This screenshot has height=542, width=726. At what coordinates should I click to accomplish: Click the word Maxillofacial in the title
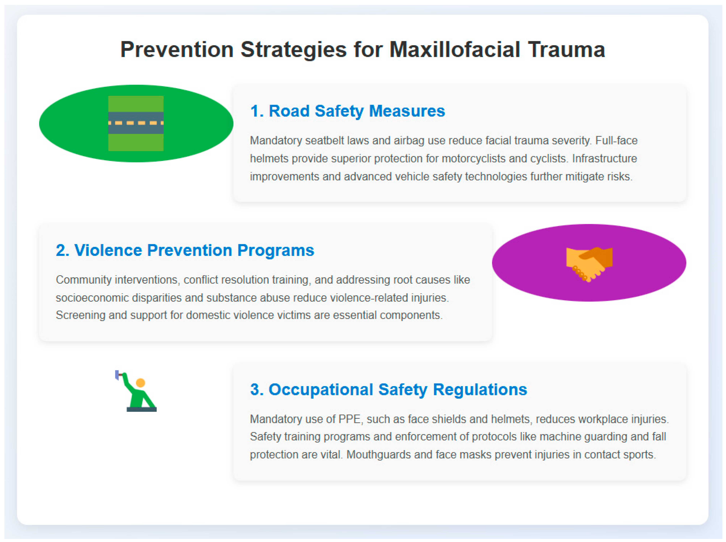pos(455,50)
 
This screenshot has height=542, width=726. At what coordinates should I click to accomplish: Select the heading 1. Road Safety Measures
pos(347,111)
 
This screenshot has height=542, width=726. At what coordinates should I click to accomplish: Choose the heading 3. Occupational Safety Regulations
pos(388,390)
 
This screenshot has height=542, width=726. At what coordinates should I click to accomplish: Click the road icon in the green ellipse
pos(136,123)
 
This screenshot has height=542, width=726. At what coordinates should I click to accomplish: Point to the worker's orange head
pos(140,383)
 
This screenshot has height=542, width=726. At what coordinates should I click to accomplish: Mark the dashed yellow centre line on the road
pos(136,123)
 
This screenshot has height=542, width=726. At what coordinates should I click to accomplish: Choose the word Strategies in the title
pos(293,50)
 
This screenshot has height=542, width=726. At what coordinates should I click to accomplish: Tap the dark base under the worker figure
pos(142,409)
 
